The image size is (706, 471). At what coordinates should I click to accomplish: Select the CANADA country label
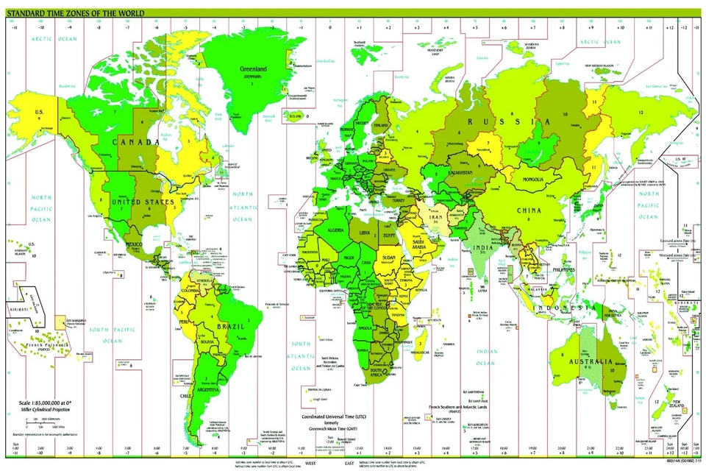click(135, 141)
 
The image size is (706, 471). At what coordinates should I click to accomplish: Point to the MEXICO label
click(135, 244)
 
